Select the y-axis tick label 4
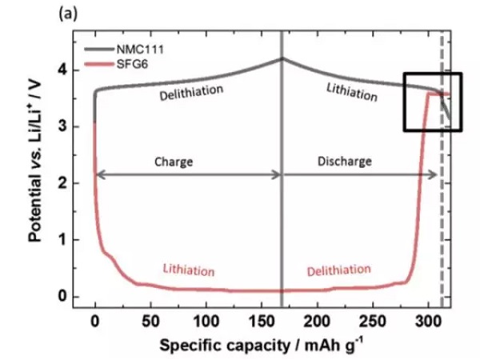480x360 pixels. point(73,70)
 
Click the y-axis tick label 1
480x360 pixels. point(73,240)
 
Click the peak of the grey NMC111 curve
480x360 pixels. point(282,58)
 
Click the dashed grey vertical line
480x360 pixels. point(442,200)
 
